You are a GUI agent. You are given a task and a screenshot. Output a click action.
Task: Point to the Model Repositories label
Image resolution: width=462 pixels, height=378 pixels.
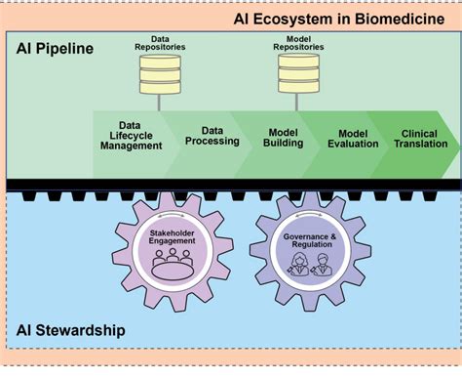pyautogui.click(x=298, y=42)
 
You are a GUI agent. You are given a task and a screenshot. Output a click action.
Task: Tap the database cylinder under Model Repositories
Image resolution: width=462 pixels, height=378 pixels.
pyautogui.click(x=298, y=74)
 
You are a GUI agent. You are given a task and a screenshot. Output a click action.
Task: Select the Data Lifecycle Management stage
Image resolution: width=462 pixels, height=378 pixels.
pyautogui.click(x=130, y=136)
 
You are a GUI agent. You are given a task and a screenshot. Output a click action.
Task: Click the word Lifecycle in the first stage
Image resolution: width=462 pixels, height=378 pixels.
pyautogui.click(x=130, y=136)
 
